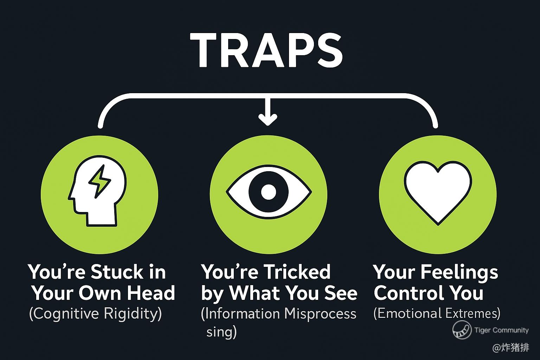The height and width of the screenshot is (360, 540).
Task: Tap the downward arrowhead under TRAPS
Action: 268,120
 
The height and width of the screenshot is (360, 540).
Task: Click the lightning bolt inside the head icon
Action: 99,180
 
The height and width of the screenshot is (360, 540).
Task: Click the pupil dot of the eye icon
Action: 269,192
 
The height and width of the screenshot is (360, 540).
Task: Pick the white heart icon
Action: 438,192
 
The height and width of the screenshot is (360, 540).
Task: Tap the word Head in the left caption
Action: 151,293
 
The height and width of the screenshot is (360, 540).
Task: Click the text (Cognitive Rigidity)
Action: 95,313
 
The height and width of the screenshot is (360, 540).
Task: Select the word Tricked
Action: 297,272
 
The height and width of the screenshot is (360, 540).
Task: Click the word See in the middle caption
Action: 343,293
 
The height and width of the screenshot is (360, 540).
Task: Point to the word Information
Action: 243,313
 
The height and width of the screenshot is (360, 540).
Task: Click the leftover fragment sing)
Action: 221,332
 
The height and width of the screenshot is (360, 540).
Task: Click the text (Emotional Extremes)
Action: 437,313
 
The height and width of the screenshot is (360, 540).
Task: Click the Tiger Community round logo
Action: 462,330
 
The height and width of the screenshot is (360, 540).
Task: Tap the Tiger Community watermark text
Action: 501,330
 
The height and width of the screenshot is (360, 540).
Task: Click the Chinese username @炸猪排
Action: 510,348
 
